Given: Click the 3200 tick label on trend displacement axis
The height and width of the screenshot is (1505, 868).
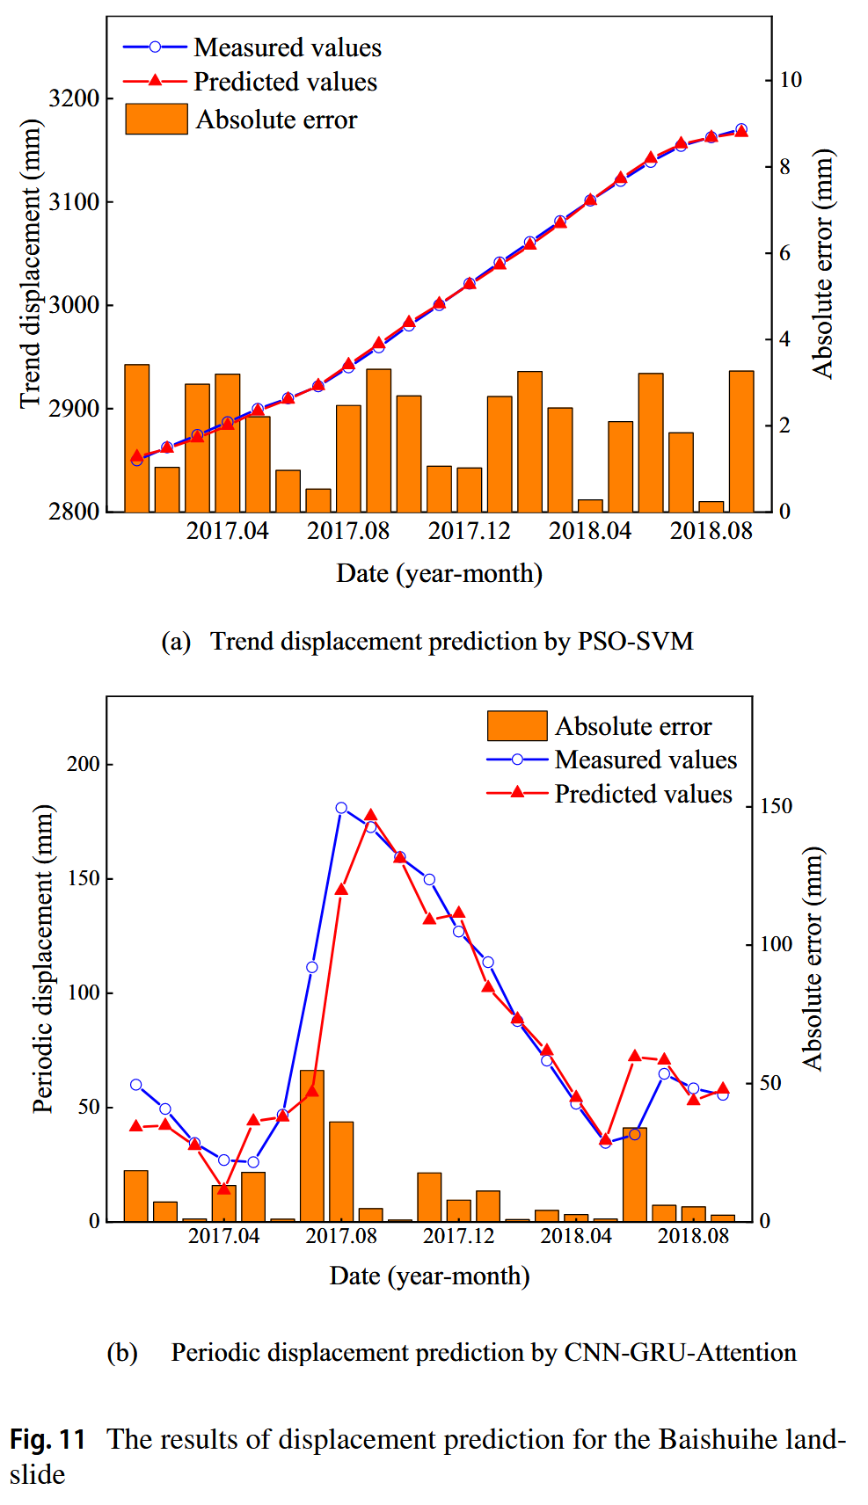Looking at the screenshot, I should (x=74, y=98).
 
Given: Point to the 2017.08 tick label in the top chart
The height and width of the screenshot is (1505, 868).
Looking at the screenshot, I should (x=348, y=531).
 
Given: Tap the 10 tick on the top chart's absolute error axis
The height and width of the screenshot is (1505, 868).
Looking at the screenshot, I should (x=791, y=80).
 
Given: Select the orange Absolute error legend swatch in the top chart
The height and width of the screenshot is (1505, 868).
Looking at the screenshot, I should (x=157, y=119).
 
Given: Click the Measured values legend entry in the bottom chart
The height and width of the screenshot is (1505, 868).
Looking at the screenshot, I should (x=646, y=760).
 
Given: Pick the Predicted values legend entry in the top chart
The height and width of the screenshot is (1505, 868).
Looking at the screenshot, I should (x=285, y=82).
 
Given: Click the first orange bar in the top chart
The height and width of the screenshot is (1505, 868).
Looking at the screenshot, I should (x=137, y=438).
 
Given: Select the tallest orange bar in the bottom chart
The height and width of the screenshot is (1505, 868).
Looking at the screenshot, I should (x=312, y=1145).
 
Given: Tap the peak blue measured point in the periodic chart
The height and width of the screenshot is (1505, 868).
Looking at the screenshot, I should (x=341, y=808).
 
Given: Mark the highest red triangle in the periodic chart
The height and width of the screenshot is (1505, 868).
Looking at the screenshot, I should (x=371, y=815).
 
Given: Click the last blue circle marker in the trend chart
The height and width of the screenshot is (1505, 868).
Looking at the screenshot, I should (x=741, y=129).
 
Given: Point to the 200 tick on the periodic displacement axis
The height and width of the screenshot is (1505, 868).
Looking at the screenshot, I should (x=84, y=764).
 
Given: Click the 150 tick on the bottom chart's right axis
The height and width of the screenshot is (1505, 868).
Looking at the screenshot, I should (x=776, y=806).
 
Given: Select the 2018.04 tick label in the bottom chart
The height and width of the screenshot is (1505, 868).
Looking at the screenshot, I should (x=576, y=1235).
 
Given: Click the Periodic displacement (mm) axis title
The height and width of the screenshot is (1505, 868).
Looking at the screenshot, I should (x=43, y=959).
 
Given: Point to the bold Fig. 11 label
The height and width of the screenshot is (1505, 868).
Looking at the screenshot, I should (x=47, y=1439).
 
